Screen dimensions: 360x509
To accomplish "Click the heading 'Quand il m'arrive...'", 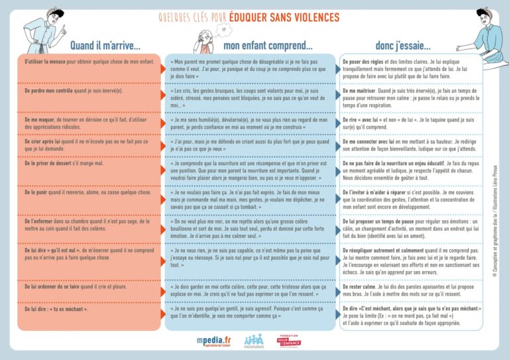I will [x=105, y=46].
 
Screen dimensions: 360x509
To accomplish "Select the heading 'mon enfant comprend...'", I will [x=268, y=46].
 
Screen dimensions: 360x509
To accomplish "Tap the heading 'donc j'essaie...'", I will [x=403, y=46].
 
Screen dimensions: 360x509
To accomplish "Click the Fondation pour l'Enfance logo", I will [x=288, y=340].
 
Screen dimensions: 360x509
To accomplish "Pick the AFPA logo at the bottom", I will [x=254, y=340].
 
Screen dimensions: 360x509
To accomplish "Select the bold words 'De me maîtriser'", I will [x=361, y=91].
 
